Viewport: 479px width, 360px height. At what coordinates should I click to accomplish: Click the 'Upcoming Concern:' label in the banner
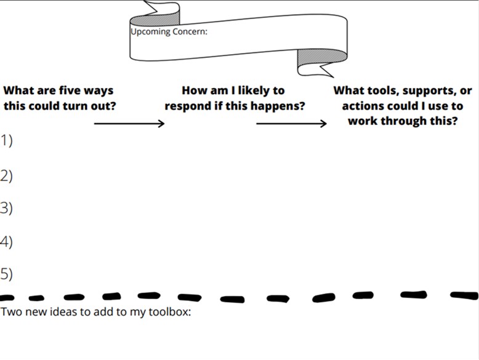tap(169, 31)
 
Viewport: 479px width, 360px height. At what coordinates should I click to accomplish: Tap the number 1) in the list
tap(6, 140)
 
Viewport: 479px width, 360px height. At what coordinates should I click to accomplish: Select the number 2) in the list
tap(6, 176)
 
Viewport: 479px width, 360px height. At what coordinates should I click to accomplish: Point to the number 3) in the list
tap(6, 208)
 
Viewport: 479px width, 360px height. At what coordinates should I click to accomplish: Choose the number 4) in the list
tap(6, 241)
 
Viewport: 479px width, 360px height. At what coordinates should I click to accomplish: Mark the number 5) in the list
tap(6, 274)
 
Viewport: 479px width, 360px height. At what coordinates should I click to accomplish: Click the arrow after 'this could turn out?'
tap(129, 124)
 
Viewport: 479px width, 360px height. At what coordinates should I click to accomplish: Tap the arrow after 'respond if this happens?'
tap(291, 124)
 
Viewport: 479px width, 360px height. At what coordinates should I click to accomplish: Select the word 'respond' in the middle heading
tap(187, 106)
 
